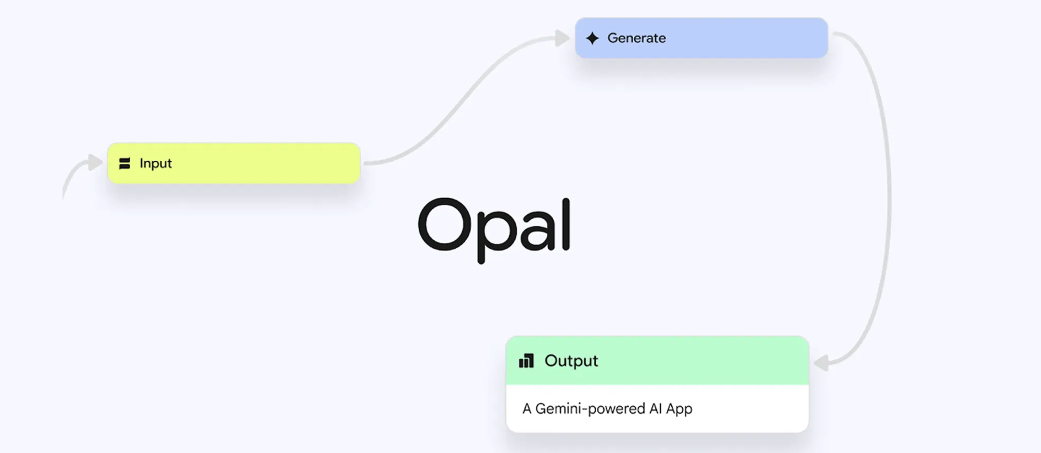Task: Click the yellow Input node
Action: tap(234, 163)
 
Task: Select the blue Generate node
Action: tap(701, 38)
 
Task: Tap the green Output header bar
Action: tap(657, 360)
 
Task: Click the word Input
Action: tap(155, 164)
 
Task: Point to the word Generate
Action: tap(637, 38)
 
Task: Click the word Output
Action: tap(571, 361)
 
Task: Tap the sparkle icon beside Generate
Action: tap(592, 38)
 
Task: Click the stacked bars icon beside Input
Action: tap(125, 164)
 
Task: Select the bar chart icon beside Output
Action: tap(526, 361)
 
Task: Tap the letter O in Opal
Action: tap(444, 224)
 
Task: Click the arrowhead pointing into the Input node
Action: tap(95, 162)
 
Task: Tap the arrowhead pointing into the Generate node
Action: tap(562, 38)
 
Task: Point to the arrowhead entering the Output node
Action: tap(822, 362)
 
